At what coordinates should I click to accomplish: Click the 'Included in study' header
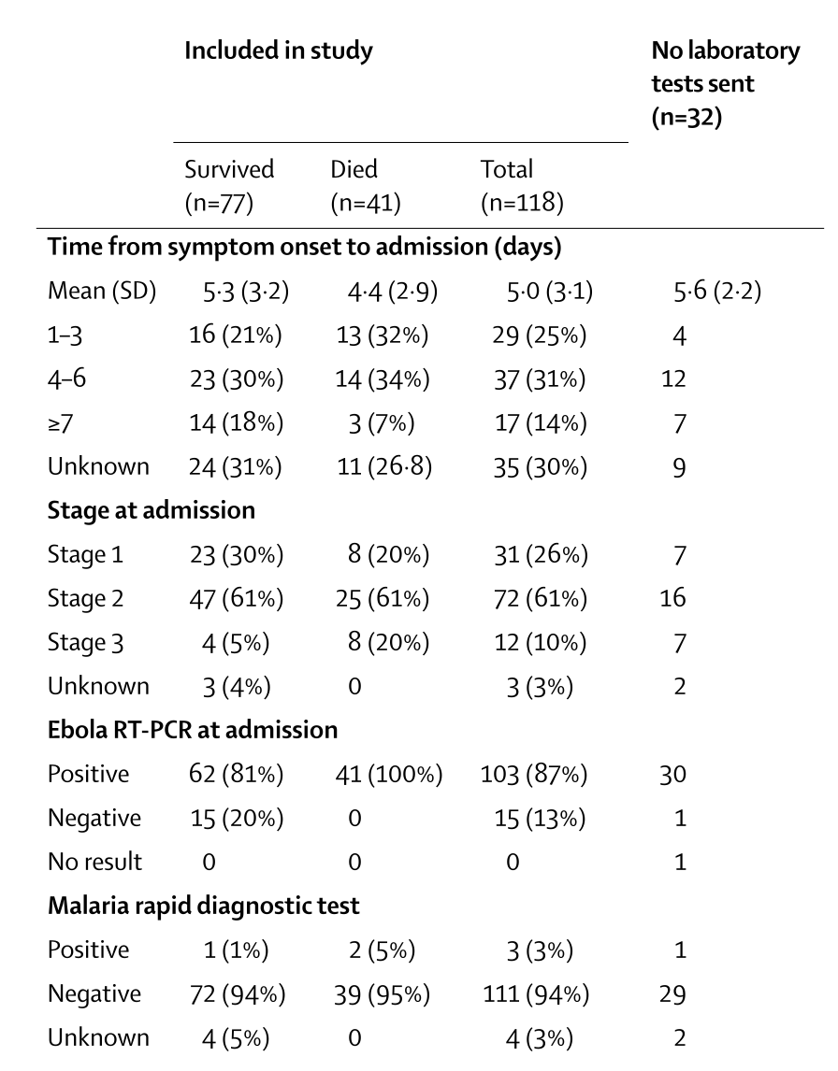click(x=278, y=51)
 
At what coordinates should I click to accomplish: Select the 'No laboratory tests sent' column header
click(x=725, y=84)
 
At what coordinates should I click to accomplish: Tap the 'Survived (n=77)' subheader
click(x=229, y=186)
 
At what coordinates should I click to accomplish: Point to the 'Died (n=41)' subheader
click(x=365, y=186)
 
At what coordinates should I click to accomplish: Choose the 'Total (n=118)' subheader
click(x=522, y=186)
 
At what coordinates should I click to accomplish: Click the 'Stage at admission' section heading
click(x=152, y=510)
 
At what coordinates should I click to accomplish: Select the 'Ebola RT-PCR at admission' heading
click(x=192, y=730)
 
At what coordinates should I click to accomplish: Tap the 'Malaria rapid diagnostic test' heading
click(x=203, y=906)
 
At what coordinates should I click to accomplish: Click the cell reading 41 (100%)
click(x=389, y=775)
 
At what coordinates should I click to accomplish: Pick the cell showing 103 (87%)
click(x=534, y=775)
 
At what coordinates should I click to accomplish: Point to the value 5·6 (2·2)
click(x=717, y=292)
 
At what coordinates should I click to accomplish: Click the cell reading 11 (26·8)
click(x=384, y=467)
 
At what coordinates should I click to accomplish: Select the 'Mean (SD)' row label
click(x=102, y=292)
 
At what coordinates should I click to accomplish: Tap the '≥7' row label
click(x=60, y=423)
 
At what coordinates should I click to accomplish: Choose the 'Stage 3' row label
click(x=85, y=643)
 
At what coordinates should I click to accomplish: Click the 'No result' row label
click(x=95, y=862)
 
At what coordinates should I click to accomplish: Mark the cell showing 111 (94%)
click(x=536, y=994)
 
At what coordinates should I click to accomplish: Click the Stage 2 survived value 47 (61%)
click(x=236, y=599)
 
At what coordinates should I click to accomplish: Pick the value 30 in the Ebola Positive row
click(x=673, y=775)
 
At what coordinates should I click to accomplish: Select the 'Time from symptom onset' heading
click(x=304, y=247)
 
